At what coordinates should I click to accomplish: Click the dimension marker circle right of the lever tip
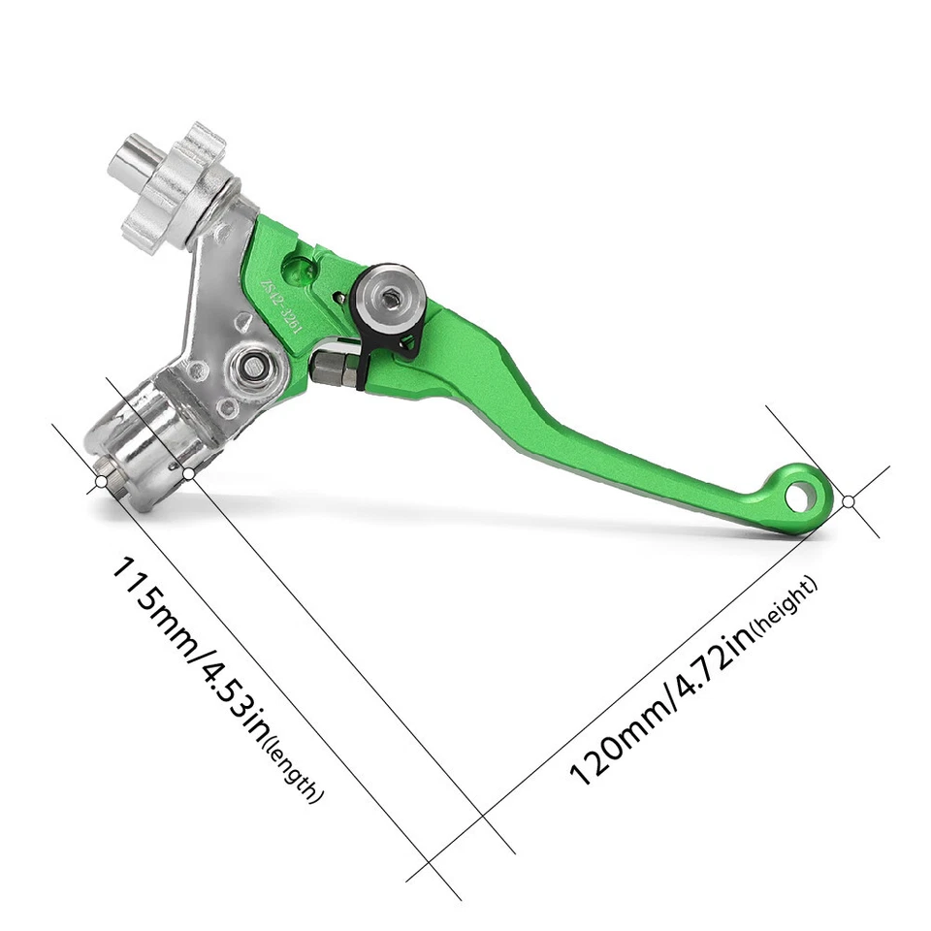pyautogui.click(x=848, y=501)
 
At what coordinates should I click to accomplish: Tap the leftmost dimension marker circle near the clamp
pyautogui.click(x=101, y=481)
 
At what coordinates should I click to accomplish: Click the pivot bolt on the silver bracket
pyautogui.click(x=255, y=366)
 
